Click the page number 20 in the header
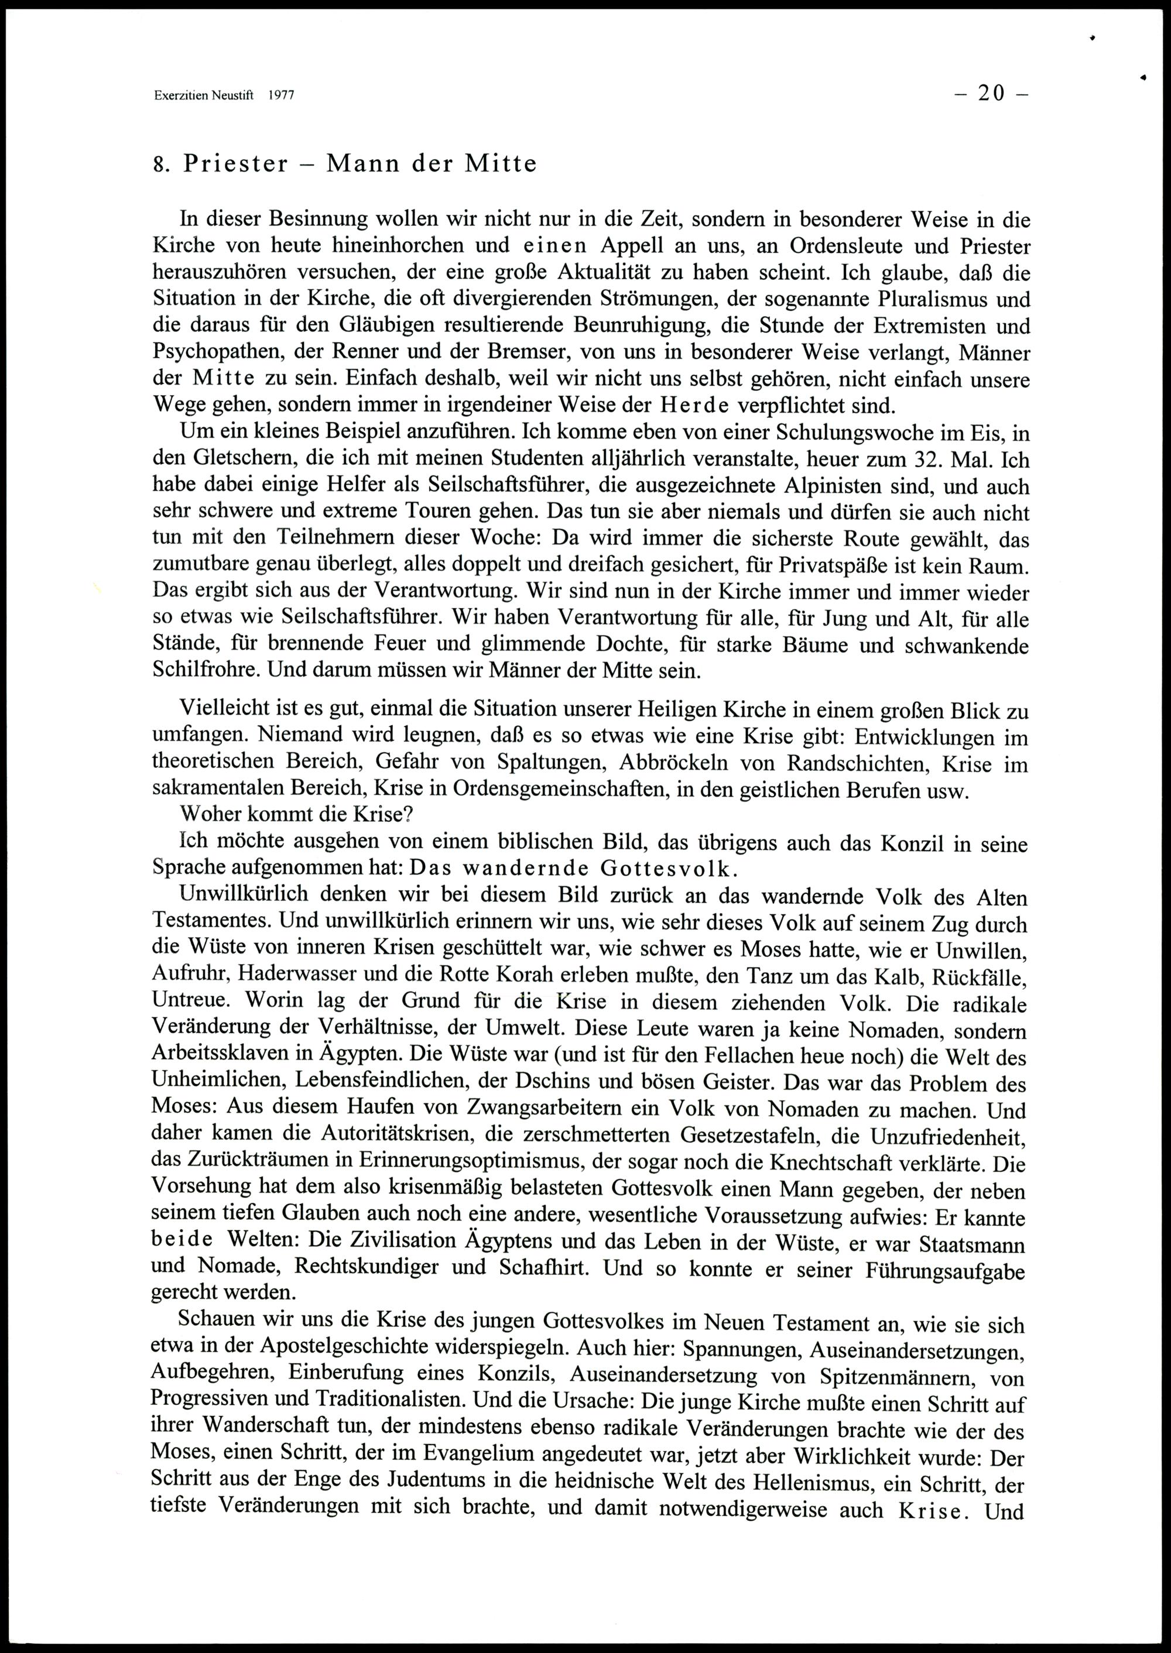tap(991, 94)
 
